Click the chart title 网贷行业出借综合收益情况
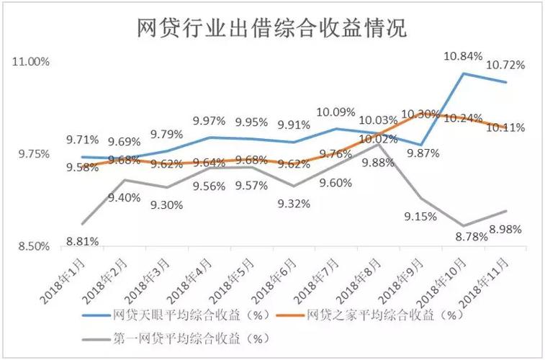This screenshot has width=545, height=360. [x=272, y=30]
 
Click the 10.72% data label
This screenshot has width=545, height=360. [x=505, y=65]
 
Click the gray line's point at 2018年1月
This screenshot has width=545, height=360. [x=82, y=223]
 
